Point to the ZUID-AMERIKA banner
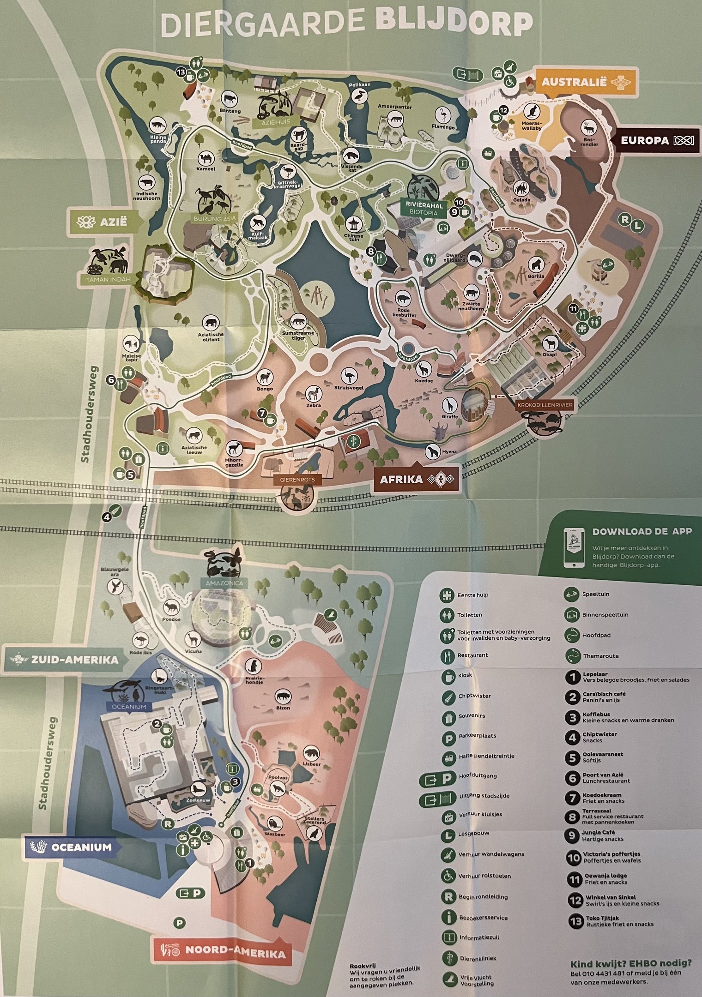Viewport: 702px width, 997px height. tap(61, 659)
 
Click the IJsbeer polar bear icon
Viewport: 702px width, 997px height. tap(311, 753)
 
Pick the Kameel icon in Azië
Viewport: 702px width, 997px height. tap(206, 159)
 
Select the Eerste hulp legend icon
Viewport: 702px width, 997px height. tap(447, 595)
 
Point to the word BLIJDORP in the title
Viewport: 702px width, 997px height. tap(454, 24)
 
